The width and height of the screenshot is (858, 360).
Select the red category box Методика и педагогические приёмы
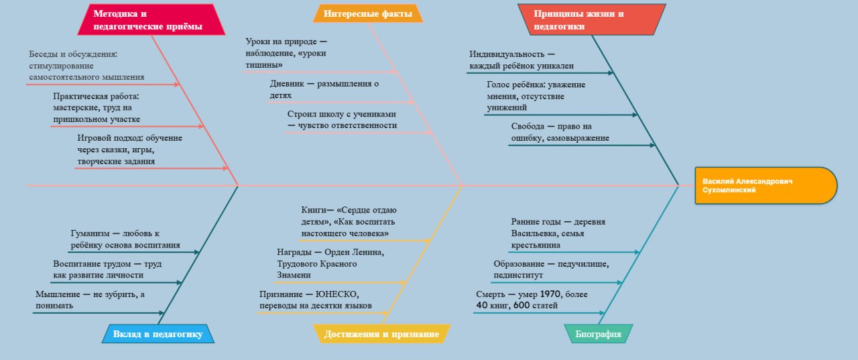coord(148,19)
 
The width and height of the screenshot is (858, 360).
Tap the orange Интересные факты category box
coord(367,13)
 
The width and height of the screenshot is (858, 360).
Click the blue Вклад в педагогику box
coord(158,334)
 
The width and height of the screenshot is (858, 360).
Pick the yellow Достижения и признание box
coord(381,334)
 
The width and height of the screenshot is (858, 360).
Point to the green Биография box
coord(598,334)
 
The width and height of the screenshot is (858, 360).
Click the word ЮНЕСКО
coord(338,294)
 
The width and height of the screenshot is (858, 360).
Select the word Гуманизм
coord(90,233)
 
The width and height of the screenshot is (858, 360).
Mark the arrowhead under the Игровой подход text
coord(225,168)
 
